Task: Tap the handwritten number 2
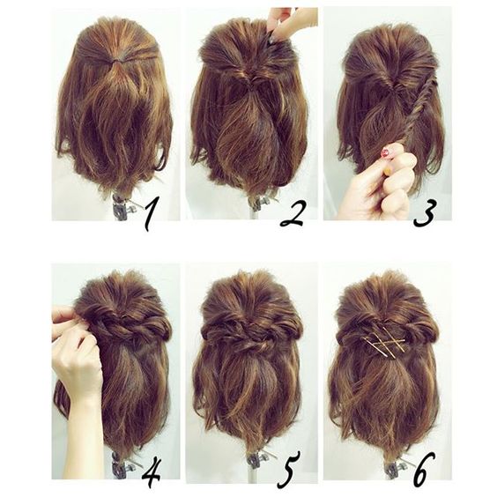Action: pos(292,213)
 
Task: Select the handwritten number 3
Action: pos(426,212)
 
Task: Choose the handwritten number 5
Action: pos(288,470)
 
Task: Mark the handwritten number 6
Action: pos(424,470)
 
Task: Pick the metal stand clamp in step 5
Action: pos(257,460)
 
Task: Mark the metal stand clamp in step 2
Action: pos(261,202)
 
